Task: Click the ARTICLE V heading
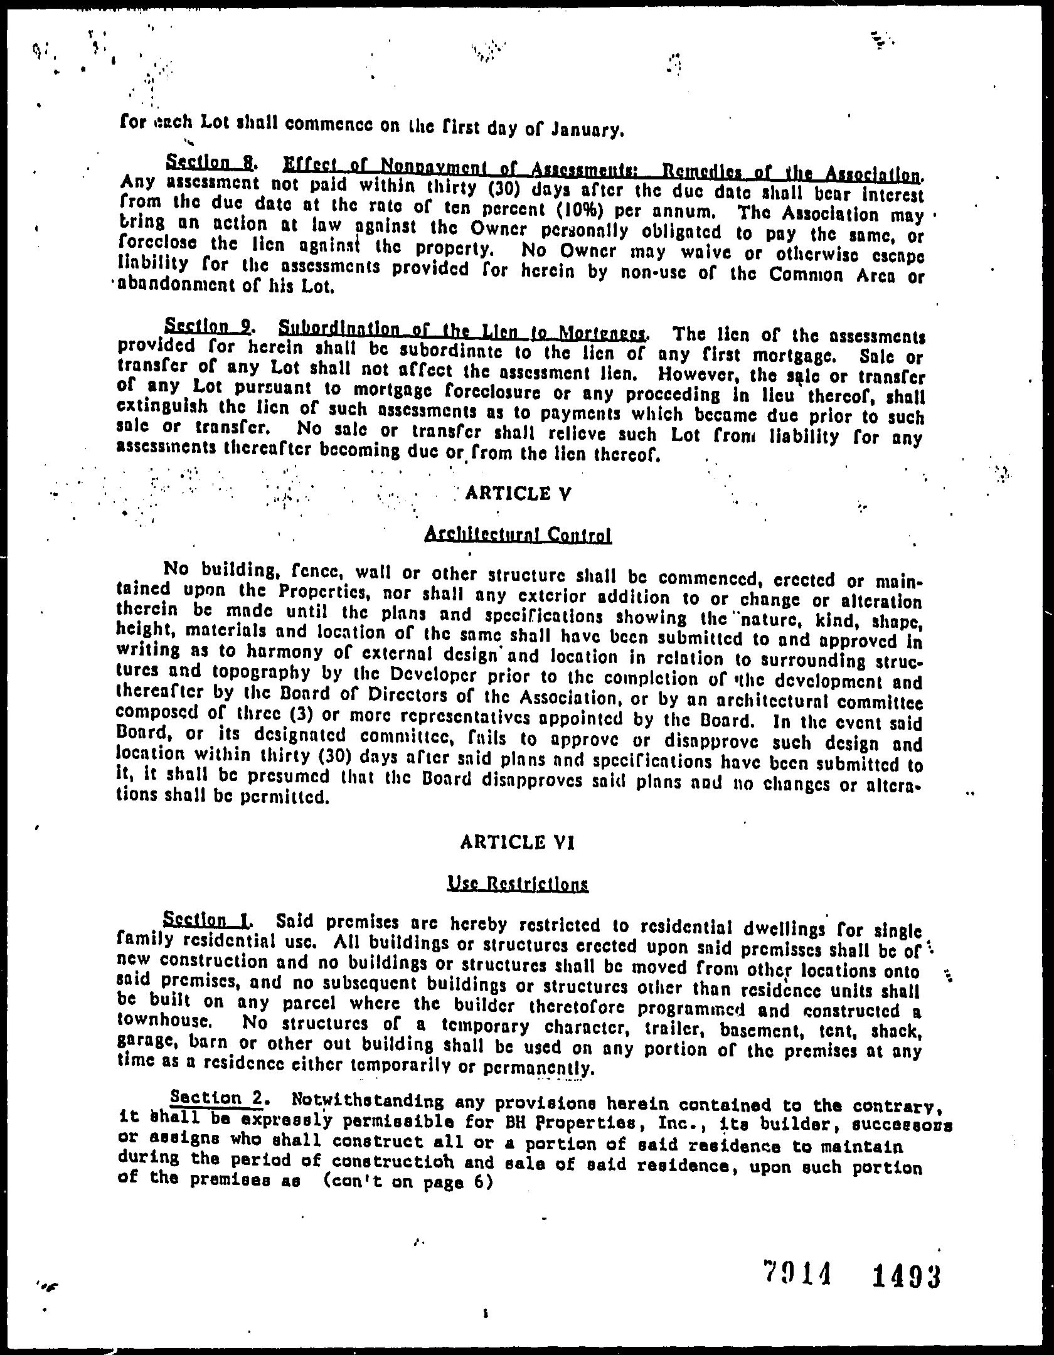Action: pyautogui.click(x=518, y=494)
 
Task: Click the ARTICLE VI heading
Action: pyautogui.click(x=518, y=842)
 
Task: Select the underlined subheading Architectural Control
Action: pyautogui.click(x=518, y=535)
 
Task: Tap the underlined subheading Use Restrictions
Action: pyautogui.click(x=518, y=884)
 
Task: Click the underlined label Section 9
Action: pyautogui.click(x=208, y=326)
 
